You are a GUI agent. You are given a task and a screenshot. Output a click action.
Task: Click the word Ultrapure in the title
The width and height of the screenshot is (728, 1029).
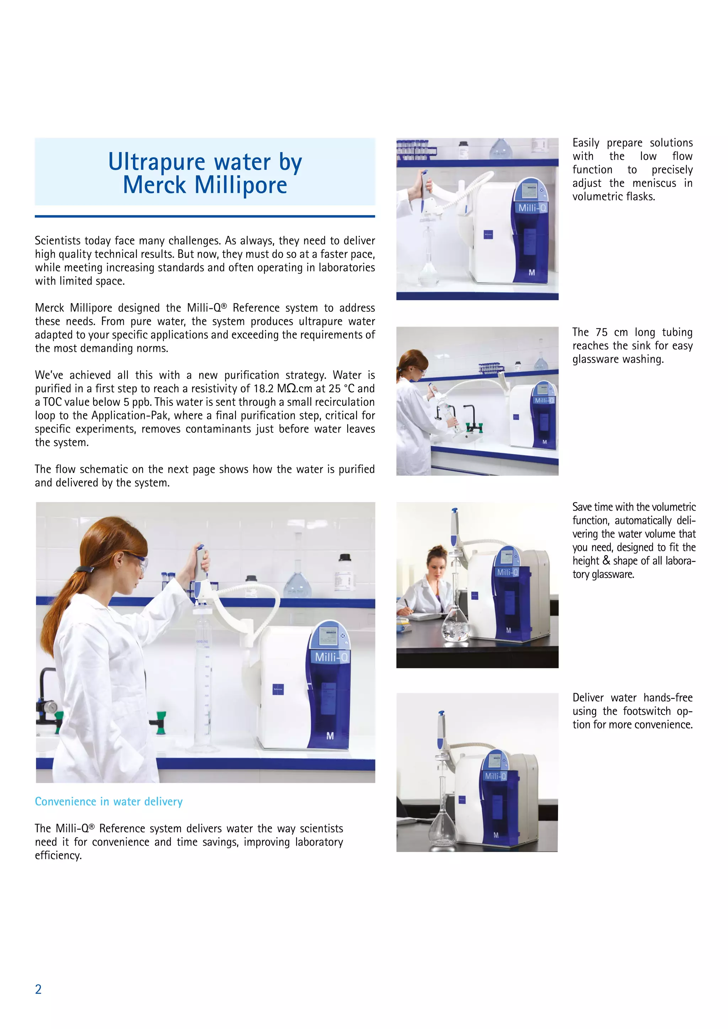[x=158, y=162]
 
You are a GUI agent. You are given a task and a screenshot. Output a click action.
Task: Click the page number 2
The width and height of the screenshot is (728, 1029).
[x=38, y=989]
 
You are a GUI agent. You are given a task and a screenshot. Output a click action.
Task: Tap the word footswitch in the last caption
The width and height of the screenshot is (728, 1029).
[x=646, y=711]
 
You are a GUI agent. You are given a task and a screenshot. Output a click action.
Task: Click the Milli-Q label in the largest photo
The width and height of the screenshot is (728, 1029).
[x=331, y=657]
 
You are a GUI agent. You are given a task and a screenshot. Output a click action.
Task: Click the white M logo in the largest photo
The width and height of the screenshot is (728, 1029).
[x=330, y=736]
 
